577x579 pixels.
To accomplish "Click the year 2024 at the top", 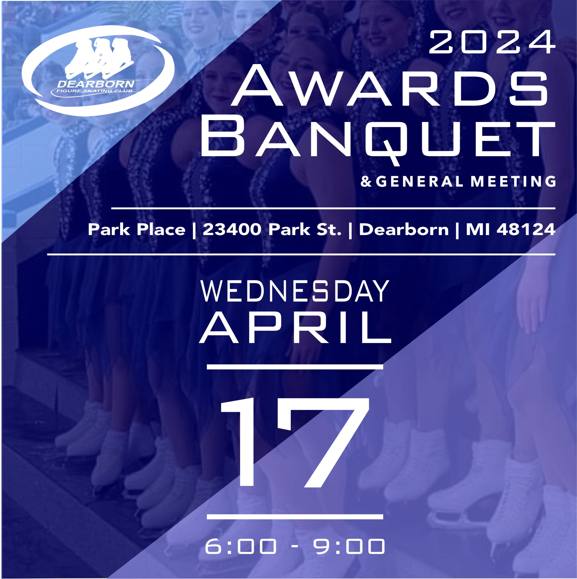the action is click(492, 43).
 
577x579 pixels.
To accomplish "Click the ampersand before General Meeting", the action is click(366, 182).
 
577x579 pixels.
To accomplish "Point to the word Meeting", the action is click(513, 182).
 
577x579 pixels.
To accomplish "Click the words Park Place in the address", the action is click(136, 230).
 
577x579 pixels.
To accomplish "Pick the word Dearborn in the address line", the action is click(404, 230).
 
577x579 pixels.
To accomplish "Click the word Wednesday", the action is click(295, 291).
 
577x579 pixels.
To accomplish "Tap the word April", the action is click(295, 327).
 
